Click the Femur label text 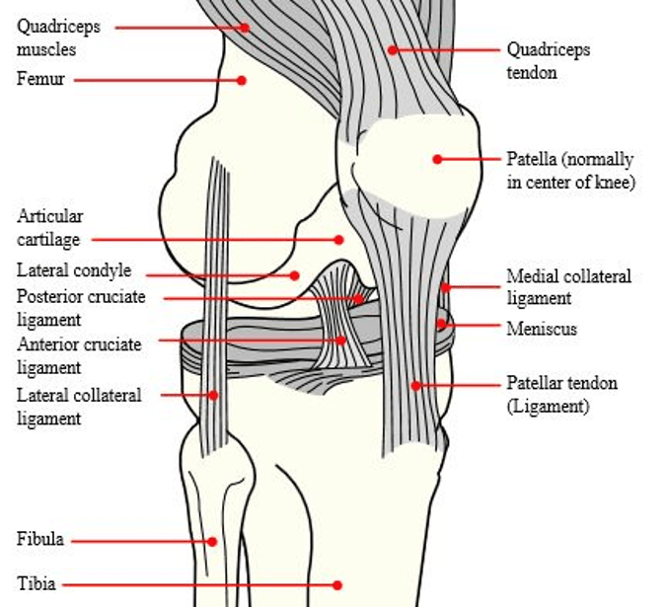(x=40, y=79)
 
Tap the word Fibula (x=40, y=539)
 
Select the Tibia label (x=37, y=583)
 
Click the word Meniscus (x=542, y=329)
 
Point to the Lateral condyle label (x=74, y=270)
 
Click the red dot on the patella (x=437, y=159)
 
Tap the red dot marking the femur (x=242, y=80)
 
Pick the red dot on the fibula (x=212, y=542)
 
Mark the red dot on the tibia (x=337, y=585)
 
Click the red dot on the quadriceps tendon (x=393, y=50)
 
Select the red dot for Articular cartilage (x=338, y=240)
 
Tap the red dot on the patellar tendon (x=416, y=386)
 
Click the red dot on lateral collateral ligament (x=213, y=395)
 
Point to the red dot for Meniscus (x=442, y=324)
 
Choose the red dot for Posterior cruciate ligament (x=358, y=299)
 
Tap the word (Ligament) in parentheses (x=548, y=407)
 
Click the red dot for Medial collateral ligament (x=445, y=287)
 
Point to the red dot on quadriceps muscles (x=245, y=28)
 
